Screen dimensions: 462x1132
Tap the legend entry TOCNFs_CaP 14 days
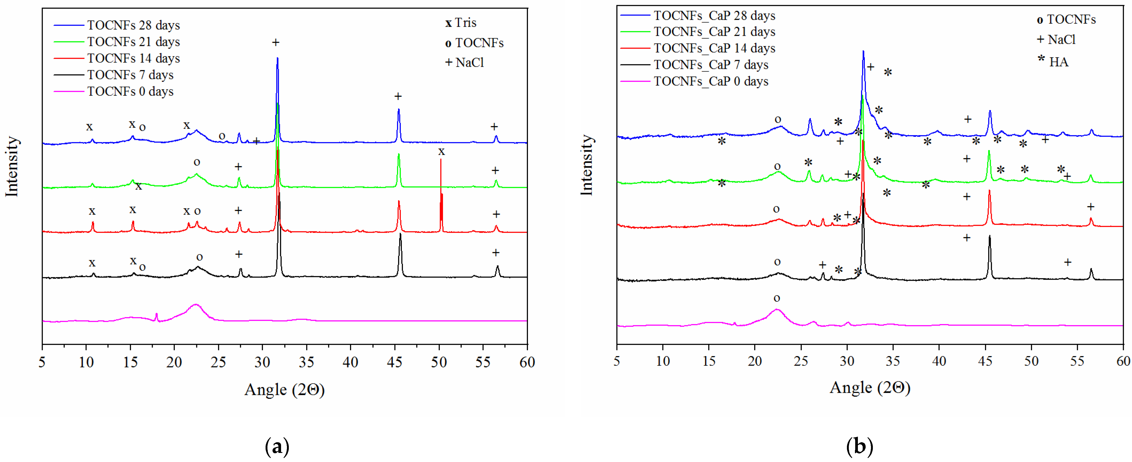714,48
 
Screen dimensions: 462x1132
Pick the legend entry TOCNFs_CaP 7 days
711,65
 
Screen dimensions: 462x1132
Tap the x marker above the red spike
441,152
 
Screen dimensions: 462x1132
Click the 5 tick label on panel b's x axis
617,361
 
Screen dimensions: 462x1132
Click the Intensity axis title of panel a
12,167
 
